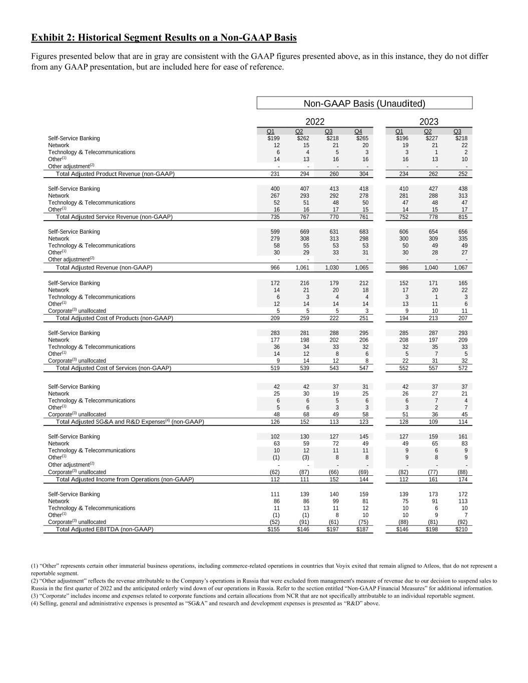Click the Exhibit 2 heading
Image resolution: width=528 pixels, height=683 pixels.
[164, 38]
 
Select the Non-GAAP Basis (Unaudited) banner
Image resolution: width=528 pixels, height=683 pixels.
[364, 104]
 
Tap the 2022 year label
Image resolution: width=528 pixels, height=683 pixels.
[315, 122]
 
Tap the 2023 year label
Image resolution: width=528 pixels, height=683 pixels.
[428, 122]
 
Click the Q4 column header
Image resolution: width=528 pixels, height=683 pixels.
[358, 132]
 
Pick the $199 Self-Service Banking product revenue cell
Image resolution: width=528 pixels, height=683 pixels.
[274, 139]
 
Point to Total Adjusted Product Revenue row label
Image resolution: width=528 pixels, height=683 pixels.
[115, 174]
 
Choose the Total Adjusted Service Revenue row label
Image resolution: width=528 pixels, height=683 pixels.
[114, 217]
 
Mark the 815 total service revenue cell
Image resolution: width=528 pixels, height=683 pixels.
[463, 217]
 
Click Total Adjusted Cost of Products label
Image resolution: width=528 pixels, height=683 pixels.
[115, 318]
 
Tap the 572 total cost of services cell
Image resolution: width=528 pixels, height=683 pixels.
[463, 368]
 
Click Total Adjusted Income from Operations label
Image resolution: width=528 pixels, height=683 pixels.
[125, 479]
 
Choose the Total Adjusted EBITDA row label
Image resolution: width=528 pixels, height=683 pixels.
[105, 529]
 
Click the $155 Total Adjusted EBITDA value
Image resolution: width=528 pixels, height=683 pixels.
[274, 529]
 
